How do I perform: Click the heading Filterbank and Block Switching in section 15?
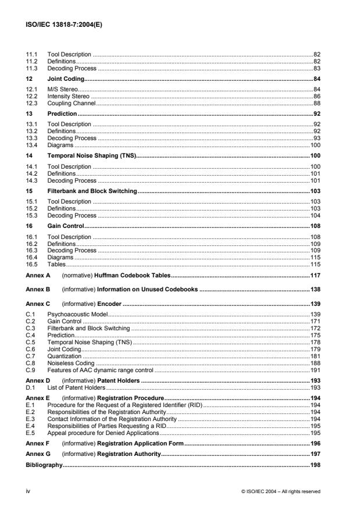[x=92, y=191]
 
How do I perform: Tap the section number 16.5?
[x=31, y=264]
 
